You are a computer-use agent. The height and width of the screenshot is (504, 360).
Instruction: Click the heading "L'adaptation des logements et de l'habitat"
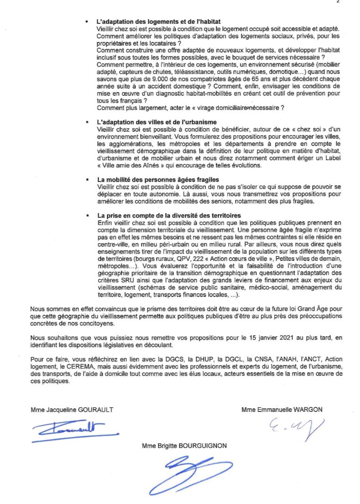159,22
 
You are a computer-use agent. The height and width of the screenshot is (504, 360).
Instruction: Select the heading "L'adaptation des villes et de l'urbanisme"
157,122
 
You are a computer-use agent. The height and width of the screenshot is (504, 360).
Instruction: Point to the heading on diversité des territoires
169,215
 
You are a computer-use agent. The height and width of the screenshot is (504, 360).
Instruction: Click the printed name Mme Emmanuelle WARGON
282,410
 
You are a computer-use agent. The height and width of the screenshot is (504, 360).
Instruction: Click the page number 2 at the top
338,2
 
